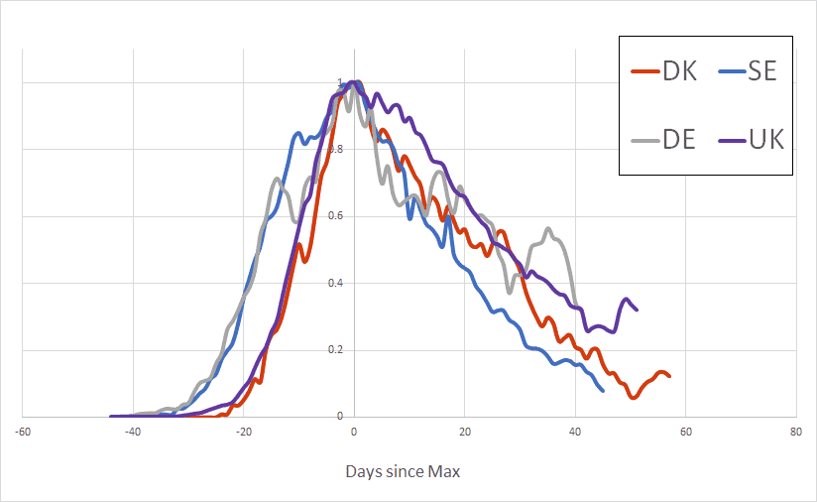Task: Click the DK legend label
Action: pos(679,71)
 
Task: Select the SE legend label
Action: pos(763,71)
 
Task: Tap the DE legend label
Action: pos(679,138)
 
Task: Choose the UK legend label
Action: pos(764,138)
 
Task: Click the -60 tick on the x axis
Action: pos(22,433)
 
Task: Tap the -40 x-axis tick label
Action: pos(132,433)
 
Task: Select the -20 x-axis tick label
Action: pos(243,433)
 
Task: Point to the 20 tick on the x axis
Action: pos(464,433)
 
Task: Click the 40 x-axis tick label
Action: pos(575,433)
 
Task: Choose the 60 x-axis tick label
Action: pos(685,433)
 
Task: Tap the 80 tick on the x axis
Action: pos(796,433)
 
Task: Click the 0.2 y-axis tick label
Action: pos(336,349)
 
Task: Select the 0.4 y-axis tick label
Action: pos(336,283)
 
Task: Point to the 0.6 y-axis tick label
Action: pos(336,216)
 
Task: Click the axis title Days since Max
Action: pos(403,472)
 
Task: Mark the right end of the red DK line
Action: pos(669,376)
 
